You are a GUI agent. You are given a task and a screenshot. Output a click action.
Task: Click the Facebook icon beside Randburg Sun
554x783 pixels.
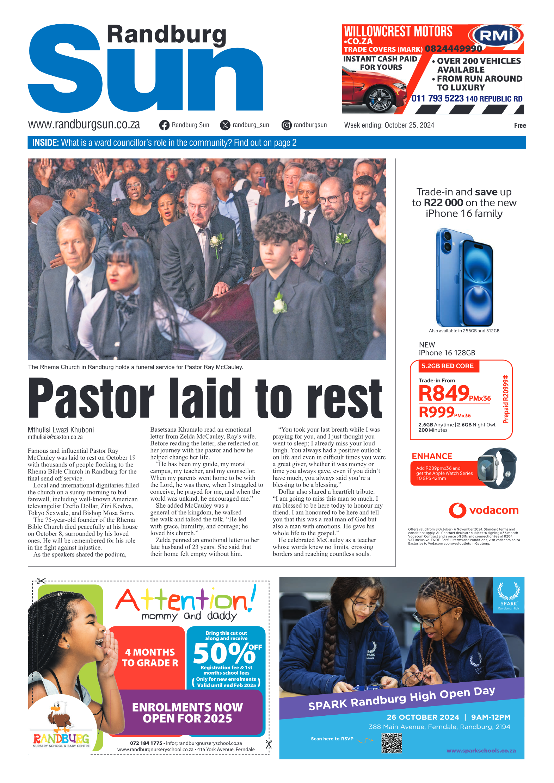pyautogui.click(x=164, y=125)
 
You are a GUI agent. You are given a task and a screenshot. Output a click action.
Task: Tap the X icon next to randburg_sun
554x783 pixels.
pyautogui.click(x=225, y=125)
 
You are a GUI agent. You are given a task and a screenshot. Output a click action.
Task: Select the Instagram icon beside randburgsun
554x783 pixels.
pyautogui.click(x=287, y=125)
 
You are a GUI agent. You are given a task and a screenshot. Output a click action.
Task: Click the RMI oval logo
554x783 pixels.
pyautogui.click(x=496, y=36)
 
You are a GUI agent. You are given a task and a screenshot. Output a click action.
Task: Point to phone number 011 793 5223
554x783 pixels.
pyautogui.click(x=437, y=99)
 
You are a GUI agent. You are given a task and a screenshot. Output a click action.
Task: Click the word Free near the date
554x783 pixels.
pyautogui.click(x=520, y=126)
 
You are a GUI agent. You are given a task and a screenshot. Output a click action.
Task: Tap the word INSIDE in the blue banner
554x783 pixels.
pyautogui.click(x=45, y=143)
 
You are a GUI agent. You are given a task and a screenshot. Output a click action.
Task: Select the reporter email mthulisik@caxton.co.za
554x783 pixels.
pyautogui.click(x=55, y=437)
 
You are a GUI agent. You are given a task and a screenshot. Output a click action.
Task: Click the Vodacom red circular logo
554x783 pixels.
pyautogui.click(x=457, y=510)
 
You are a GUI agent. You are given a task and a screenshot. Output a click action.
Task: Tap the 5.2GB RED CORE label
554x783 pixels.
pyautogui.click(x=447, y=366)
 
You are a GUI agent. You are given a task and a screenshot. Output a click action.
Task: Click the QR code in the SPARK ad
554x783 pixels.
pyautogui.click(x=392, y=743)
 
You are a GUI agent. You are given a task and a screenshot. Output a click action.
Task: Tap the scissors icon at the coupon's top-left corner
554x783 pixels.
pyautogui.click(x=41, y=581)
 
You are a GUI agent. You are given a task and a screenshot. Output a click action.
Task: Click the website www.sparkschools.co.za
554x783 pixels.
pyautogui.click(x=481, y=751)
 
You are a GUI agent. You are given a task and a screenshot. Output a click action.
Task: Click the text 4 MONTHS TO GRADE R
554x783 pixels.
pyautogui.click(x=150, y=658)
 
